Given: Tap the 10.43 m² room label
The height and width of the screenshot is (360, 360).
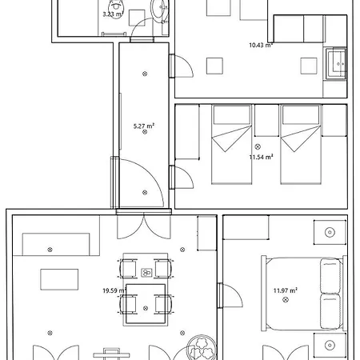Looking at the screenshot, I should pyautogui.click(x=261, y=46).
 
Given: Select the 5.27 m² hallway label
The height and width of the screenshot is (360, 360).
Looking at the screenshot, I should pyautogui.click(x=143, y=125).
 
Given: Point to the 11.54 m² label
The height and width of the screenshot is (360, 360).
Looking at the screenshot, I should pyautogui.click(x=261, y=158).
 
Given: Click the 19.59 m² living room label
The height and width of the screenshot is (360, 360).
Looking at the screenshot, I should pyautogui.click(x=115, y=291).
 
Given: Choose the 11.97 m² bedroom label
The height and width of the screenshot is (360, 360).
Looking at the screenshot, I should pyautogui.click(x=285, y=290).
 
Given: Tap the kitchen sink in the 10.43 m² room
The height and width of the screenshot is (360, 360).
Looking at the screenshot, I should pyautogui.click(x=336, y=61).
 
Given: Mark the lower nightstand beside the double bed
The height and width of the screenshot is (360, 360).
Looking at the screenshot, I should pyautogui.click(x=330, y=346).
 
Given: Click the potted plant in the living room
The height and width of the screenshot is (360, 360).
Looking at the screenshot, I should pyautogui.click(x=200, y=347).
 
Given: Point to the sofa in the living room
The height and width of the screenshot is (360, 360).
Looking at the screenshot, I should pyautogui.click(x=56, y=244).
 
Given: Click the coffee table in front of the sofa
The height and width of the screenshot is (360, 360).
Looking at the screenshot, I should pyautogui.click(x=59, y=279).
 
